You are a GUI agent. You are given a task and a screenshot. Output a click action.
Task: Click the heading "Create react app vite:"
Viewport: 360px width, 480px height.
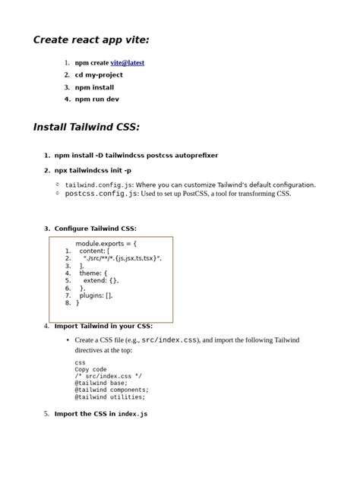[x=91, y=39]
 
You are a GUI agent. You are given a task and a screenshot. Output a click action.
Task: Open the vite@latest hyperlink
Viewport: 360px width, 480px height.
[x=127, y=63]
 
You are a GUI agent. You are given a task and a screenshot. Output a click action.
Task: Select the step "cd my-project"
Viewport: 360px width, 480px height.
[x=99, y=75]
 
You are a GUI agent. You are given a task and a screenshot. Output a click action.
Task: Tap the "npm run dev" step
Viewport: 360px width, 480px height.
[x=97, y=99]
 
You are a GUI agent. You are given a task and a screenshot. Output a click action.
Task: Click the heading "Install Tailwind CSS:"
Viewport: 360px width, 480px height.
[x=86, y=127]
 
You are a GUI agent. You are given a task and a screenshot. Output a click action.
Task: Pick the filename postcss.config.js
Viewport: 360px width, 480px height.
[x=101, y=194]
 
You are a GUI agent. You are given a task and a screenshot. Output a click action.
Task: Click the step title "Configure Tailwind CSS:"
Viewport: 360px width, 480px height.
[x=96, y=229]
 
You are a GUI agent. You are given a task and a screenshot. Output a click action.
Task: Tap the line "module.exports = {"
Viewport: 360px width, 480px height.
[x=106, y=244]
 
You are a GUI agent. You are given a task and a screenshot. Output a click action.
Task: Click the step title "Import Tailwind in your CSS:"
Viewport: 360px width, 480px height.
[x=103, y=326]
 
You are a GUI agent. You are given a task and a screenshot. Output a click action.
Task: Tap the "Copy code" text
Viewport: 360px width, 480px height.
[x=90, y=369]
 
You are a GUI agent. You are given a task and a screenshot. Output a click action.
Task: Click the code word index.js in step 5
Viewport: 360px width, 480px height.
[x=132, y=414]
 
